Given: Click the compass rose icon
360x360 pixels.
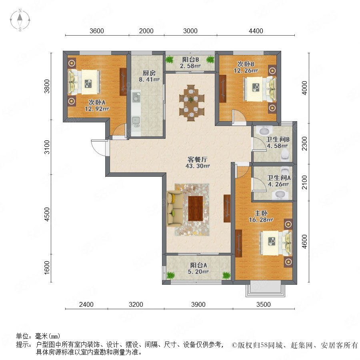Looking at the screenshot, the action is pos(20,20).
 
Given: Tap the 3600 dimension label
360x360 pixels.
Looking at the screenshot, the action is pos(97,31).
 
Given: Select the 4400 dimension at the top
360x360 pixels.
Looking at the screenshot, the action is pos(256,31).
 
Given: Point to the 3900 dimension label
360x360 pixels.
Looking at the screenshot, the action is pos(198,304).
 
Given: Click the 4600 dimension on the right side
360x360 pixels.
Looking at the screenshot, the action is pos(304,242).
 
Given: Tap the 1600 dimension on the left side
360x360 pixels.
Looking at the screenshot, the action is pos(47,268).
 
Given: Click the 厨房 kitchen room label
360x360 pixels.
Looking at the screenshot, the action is pos(149,73).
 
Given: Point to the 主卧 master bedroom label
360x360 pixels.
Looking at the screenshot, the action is pos(261,213).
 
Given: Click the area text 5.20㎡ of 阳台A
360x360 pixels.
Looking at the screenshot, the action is pos(198,272).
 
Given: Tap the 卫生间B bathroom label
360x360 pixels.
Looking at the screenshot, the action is pos(278,139).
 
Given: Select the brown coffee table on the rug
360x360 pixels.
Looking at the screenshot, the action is pos(195,208).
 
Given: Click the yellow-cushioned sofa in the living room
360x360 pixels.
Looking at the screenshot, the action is pos(175,208).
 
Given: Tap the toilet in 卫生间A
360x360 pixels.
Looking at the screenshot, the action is pos(285,170).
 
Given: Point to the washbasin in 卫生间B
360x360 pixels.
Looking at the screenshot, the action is pos(264,131).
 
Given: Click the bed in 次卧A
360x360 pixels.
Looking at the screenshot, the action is pos(84,82).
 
